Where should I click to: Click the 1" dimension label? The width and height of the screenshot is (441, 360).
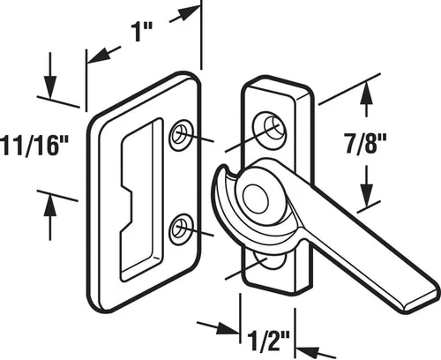coord(141,32)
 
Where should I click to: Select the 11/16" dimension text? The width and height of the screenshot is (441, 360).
coord(34,145)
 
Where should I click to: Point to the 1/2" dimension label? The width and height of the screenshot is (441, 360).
coord(269,341)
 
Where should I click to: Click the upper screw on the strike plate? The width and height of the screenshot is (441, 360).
coord(181,135)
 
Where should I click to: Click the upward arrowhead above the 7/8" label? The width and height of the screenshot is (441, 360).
coord(366,94)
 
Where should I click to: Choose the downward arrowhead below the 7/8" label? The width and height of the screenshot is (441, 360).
coord(366,195)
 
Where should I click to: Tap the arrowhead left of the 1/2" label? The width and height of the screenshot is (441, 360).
coord(228,327)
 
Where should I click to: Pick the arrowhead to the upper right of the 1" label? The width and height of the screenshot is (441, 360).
coord(189,13)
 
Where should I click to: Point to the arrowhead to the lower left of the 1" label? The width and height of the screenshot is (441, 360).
coord(99,56)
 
